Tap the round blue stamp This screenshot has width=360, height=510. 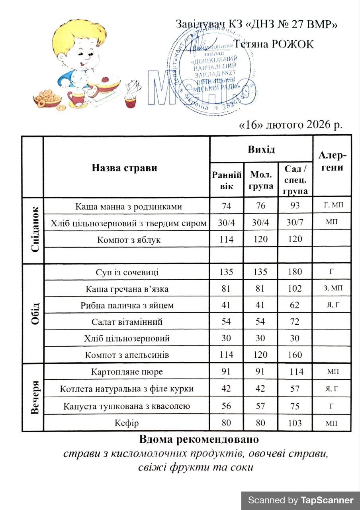215,72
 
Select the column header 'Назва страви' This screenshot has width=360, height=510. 125,167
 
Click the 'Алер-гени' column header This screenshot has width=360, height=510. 332,162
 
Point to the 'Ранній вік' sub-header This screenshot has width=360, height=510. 227,180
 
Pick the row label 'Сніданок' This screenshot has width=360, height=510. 33,230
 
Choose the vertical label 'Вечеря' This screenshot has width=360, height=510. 33,397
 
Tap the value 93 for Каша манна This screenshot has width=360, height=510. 295,206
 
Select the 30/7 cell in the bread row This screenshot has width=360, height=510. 295,223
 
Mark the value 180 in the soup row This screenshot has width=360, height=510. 295,272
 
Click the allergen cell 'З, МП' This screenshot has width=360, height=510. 331,288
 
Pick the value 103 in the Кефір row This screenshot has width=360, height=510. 295,423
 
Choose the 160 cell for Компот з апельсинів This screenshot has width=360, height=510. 295,355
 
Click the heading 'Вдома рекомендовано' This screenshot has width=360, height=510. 199,440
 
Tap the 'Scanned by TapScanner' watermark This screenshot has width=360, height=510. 301,500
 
